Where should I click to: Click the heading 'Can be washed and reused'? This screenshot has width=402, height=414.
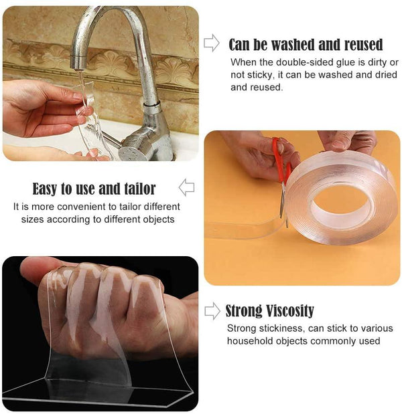point(306,45)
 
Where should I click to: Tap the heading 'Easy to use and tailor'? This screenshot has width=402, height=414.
point(94,189)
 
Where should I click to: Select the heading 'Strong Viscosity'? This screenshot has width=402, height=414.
point(269,311)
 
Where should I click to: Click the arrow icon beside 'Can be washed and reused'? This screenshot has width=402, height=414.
point(211,43)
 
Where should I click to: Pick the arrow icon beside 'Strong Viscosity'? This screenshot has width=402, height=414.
point(212,310)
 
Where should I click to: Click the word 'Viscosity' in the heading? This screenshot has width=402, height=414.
point(289,311)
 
